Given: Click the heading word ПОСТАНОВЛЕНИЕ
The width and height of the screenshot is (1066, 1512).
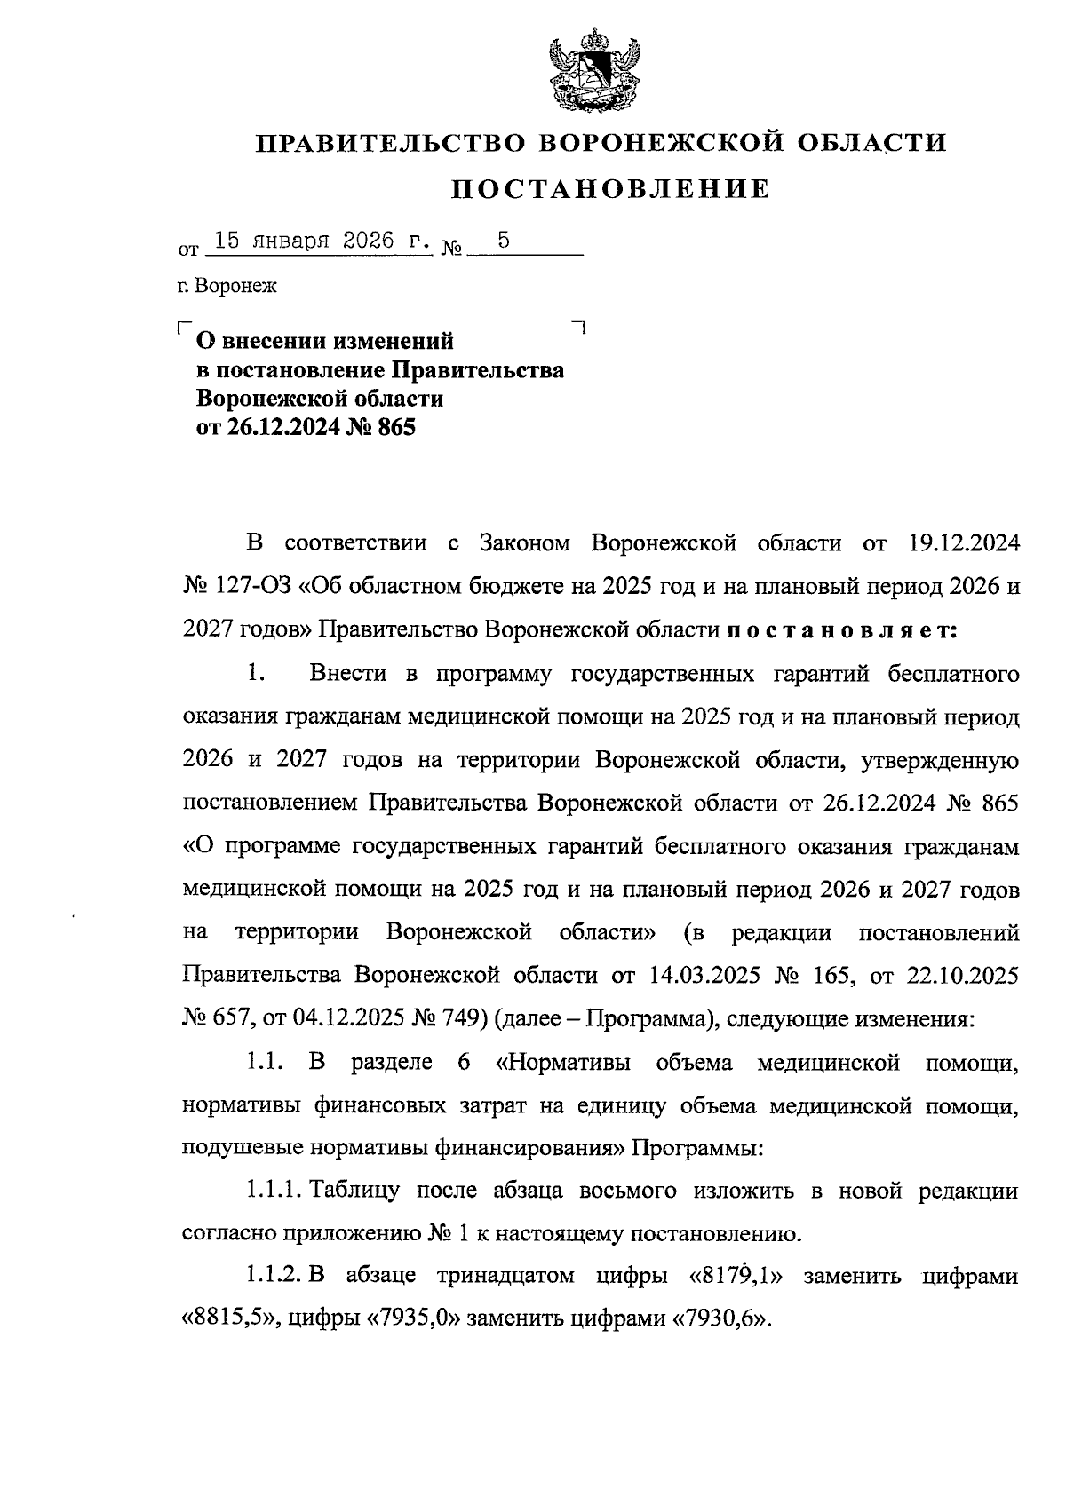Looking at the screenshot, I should pyautogui.click(x=612, y=188).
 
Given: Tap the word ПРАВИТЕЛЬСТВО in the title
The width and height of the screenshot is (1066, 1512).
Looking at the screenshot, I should pyautogui.click(x=390, y=143).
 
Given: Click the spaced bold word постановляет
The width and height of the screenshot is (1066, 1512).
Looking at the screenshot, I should pyautogui.click(x=840, y=630).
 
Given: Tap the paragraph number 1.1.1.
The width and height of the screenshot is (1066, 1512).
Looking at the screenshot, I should pyautogui.click(x=273, y=1191).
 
